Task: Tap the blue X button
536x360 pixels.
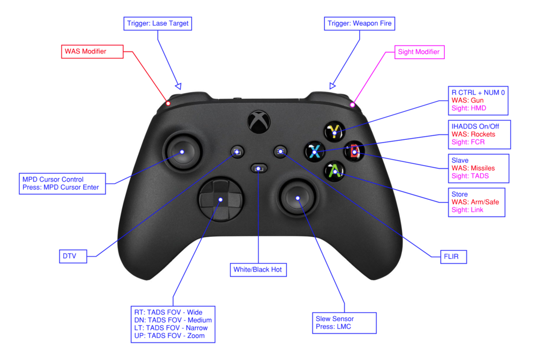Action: [314, 151]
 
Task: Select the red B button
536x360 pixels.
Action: [354, 151]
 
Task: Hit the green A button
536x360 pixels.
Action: [334, 170]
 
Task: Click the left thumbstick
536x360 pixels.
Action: [182, 152]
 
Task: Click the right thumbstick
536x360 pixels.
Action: [298, 198]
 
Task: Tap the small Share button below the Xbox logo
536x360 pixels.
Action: [259, 169]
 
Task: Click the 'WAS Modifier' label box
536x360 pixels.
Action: [93, 51]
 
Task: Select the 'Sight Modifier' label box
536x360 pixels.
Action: [419, 52]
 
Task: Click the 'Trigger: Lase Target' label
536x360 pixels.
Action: [158, 24]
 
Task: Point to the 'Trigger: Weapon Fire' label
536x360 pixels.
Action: [360, 24]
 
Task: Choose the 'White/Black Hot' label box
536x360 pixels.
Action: [258, 269]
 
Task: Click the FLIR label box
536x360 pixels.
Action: [448, 257]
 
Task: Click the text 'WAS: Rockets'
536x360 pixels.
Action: [474, 134]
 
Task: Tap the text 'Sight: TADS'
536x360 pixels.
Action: [470, 176]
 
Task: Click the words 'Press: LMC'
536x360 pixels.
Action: [333, 327]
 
